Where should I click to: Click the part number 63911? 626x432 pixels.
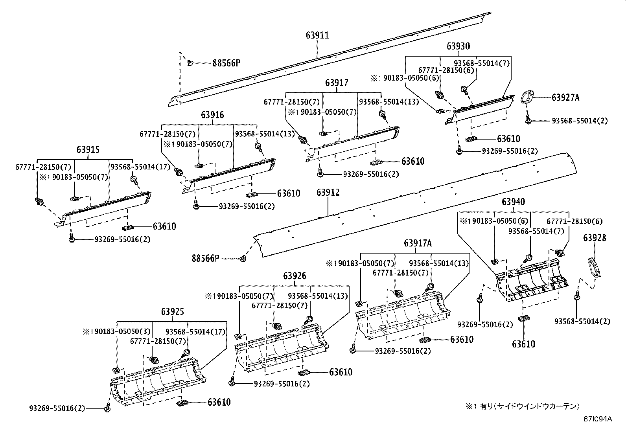pos(317,35)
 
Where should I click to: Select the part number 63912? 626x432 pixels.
pos(328,192)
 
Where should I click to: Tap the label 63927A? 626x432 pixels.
pos(565,97)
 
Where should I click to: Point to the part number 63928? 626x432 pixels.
pos(595,238)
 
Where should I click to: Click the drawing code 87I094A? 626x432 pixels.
pos(598,419)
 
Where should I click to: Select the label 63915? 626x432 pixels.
pos(88,149)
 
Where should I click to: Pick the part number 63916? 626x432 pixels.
pos(212,115)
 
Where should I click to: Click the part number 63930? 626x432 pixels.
pos(458,46)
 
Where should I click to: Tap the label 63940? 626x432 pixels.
pos(514,202)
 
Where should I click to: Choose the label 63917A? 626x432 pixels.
pos(418,243)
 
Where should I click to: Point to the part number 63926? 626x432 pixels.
pos(295,276)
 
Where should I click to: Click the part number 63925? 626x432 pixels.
pos(173,311)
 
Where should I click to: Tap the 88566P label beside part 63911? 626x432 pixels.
pos(226,63)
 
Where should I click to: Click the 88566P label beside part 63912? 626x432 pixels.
pos(205,258)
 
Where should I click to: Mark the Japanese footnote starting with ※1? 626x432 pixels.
pos(523,406)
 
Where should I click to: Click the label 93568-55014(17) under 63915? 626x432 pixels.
pos(140,167)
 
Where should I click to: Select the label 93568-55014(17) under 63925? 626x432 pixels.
pos(195,332)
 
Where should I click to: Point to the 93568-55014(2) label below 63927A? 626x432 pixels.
pos(580,121)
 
